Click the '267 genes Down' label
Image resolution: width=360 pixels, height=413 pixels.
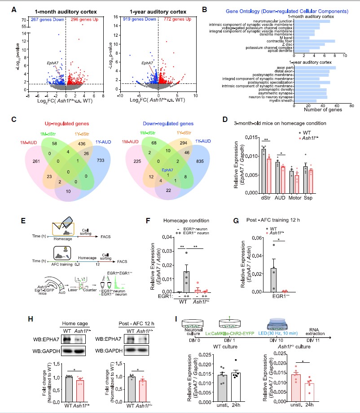(43, 19)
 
